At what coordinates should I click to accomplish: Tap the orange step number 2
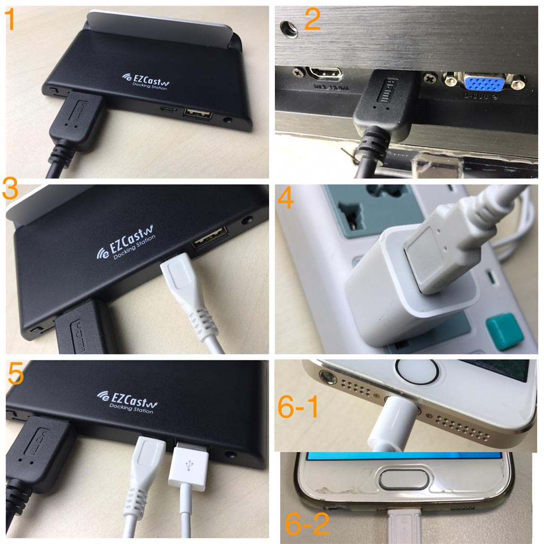point(312,20)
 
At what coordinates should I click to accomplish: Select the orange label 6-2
point(307,523)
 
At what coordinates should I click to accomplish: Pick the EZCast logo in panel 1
point(145,80)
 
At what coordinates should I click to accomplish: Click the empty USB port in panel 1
point(198,114)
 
